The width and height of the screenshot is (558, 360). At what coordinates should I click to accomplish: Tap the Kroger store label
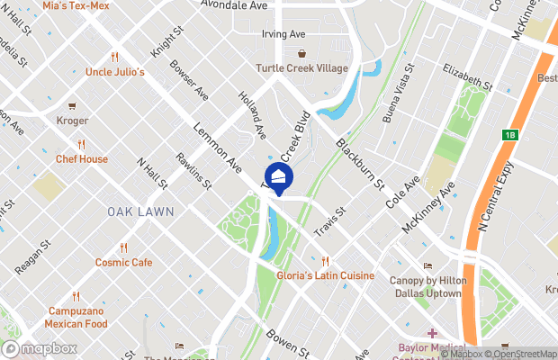pos(72,121)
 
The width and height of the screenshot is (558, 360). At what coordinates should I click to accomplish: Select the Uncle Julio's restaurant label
pos(115,72)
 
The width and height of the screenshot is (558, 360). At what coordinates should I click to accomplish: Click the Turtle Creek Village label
pos(301,68)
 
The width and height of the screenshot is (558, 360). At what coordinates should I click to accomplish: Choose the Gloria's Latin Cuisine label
pos(325,275)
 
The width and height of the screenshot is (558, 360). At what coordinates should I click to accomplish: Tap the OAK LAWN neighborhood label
pos(140,211)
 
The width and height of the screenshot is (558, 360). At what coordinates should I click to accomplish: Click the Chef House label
pos(81,159)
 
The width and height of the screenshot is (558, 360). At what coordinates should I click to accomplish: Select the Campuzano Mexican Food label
pos(77,318)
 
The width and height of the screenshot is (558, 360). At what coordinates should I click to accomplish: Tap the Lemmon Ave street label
pos(218,149)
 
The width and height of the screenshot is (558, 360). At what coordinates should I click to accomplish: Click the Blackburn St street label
pos(360,163)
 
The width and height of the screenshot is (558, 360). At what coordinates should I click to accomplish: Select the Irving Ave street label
pos(283,34)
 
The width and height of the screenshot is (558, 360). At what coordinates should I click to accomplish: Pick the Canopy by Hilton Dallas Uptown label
pos(426,287)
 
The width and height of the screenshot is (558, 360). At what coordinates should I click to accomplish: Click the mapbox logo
pos(40,348)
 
